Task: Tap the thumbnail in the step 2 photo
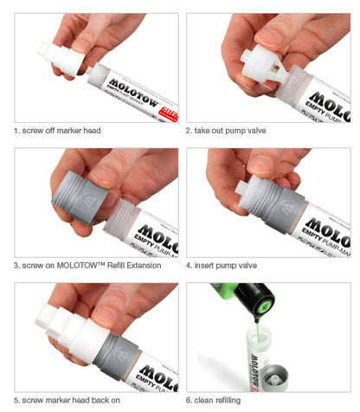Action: (273, 34)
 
